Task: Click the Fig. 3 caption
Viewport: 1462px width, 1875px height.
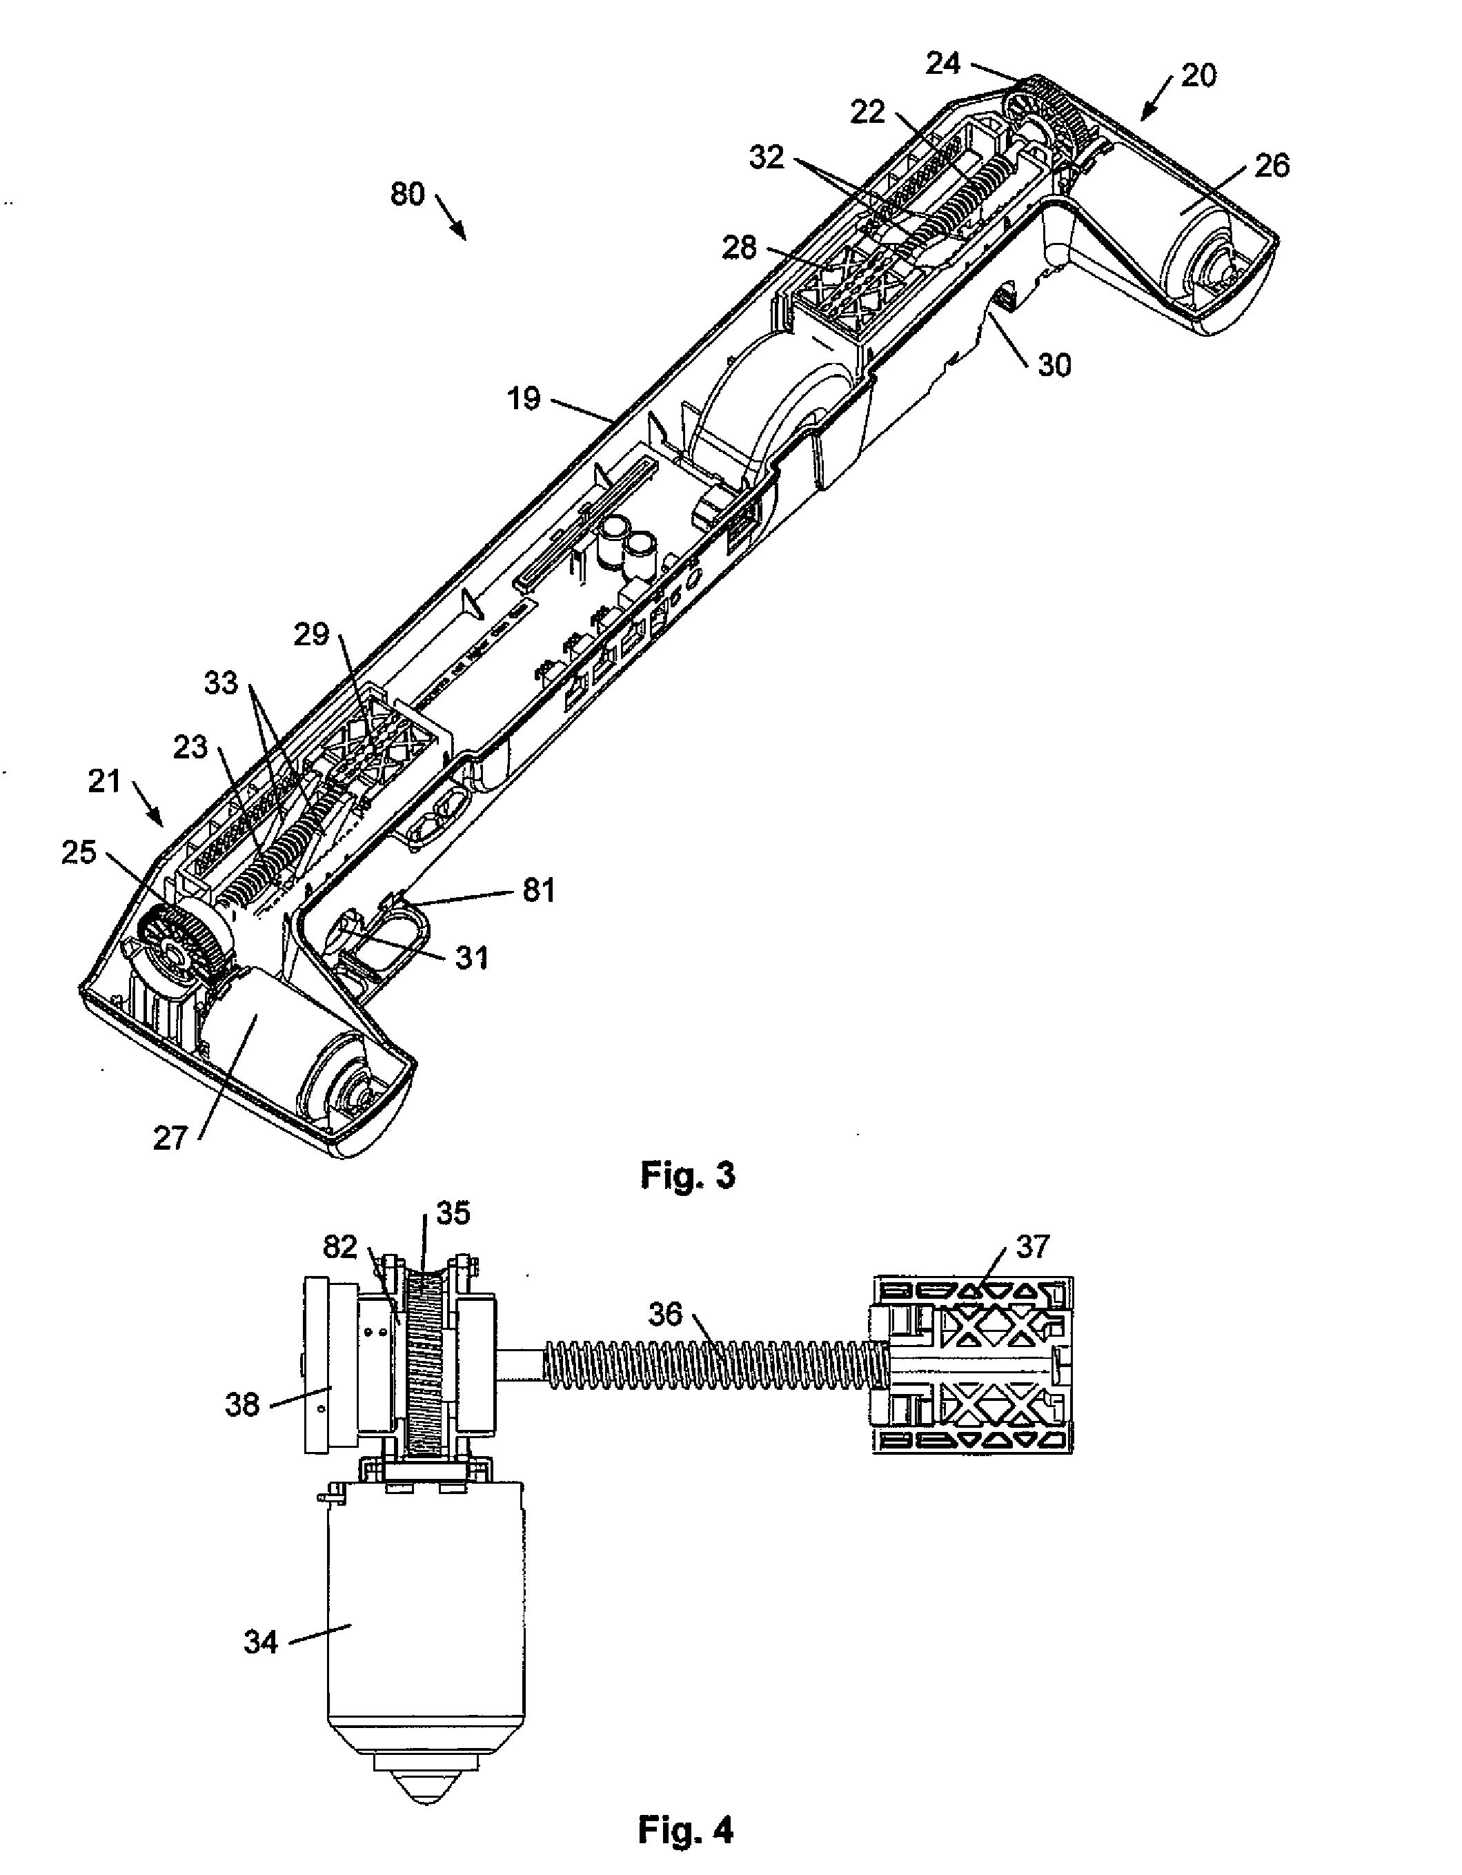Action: pos(688,1175)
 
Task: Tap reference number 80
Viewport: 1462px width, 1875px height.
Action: pos(408,194)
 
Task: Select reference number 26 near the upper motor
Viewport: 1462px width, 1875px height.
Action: pos(1272,166)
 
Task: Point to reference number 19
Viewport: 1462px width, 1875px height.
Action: pos(524,398)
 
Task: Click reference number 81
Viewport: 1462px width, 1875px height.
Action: pos(538,890)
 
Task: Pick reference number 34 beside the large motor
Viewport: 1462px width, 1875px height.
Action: pos(261,1642)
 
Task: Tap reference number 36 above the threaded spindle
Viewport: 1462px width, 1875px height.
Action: pos(665,1313)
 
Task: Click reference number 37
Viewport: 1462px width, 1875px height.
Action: pos(1033,1246)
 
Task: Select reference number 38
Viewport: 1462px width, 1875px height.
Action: pos(242,1404)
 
